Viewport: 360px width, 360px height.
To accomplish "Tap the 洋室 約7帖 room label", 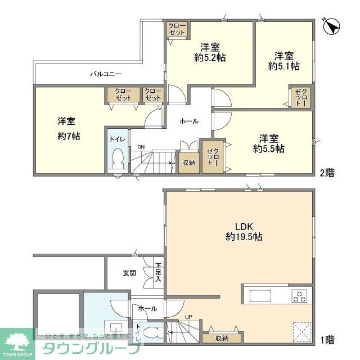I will pyautogui.click(x=68, y=128).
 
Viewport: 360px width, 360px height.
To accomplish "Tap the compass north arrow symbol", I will pyautogui.click(x=331, y=25).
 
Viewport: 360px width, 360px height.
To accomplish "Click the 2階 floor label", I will pyautogui.click(x=328, y=173).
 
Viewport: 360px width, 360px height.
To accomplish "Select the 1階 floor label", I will pyautogui.click(x=328, y=339).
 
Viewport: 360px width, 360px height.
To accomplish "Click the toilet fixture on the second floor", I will pyautogui.click(x=118, y=159).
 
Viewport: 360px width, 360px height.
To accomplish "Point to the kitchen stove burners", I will pyautogui.click(x=299, y=296).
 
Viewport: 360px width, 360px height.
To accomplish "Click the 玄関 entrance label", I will pyautogui.click(x=129, y=273).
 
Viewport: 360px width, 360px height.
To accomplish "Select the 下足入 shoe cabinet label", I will pyautogui.click(x=159, y=272).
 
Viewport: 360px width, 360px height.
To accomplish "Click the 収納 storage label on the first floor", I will pyautogui.click(x=222, y=338).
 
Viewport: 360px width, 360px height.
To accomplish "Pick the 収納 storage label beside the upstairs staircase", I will pyautogui.click(x=188, y=163).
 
